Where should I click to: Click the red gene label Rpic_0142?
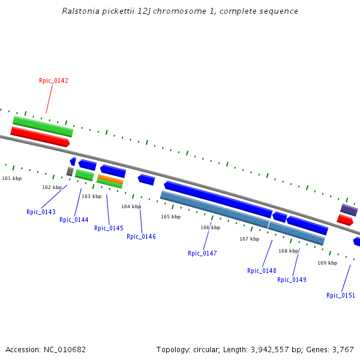[53, 80]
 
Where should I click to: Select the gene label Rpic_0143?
[41, 212]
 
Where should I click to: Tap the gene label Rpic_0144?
[74, 220]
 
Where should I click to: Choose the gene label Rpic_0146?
[141, 236]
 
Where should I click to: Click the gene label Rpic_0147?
[202, 253]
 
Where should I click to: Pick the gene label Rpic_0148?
[262, 271]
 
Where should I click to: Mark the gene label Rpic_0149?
[292, 280]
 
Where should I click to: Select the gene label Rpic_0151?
[341, 295]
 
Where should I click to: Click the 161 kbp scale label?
[11, 178]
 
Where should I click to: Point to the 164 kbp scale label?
[131, 206]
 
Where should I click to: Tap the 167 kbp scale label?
[249, 239]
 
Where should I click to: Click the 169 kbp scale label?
[327, 263]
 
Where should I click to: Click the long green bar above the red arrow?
[43, 125]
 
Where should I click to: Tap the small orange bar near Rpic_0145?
[110, 179]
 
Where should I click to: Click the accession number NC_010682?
[64, 349]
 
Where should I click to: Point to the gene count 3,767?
[343, 349]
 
